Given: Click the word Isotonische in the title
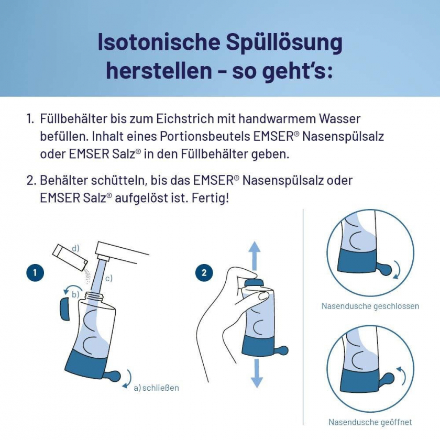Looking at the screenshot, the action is tap(159, 42).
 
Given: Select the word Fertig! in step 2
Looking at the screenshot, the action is tap(211, 198).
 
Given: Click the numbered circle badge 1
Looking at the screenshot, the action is tap(35, 272).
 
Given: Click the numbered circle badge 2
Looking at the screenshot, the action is tap(204, 272).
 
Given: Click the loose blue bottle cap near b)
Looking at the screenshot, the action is tap(65, 309).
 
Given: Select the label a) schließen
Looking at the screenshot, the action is tap(156, 388).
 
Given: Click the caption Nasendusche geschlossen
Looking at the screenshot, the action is tap(370, 306).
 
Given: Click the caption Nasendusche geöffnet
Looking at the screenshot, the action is tap(370, 422).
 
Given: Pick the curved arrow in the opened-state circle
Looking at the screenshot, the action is tap(402, 375).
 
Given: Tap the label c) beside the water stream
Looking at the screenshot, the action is tap(108, 278).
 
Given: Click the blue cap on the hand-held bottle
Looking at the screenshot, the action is tap(254, 283).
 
